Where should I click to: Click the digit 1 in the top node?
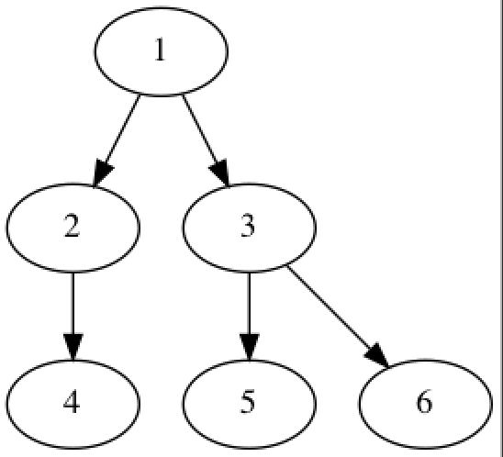click(160, 50)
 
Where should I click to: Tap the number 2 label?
click(72, 226)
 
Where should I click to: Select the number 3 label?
click(248, 226)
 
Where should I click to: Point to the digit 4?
click(72, 402)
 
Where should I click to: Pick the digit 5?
click(248, 402)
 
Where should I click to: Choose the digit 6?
click(424, 402)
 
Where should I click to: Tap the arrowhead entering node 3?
click(220, 172)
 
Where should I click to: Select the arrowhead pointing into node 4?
click(73, 347)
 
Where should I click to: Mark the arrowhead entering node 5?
click(250, 347)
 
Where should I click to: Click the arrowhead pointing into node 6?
click(377, 356)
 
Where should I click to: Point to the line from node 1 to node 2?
click(121, 128)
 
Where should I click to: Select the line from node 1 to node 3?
click(200, 128)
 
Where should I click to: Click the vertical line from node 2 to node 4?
click(73, 304)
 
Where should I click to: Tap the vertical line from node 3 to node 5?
click(250, 304)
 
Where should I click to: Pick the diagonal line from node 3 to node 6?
click(330, 307)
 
